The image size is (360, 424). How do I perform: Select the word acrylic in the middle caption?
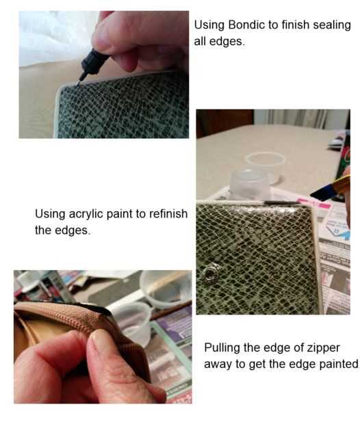tap(86, 214)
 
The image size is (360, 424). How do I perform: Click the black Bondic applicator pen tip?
tap(81, 79)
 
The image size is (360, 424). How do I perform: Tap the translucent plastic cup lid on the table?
tap(264, 159)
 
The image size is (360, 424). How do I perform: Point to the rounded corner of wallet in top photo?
tap(60, 90)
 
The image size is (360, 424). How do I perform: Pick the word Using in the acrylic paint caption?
tap(50, 214)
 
